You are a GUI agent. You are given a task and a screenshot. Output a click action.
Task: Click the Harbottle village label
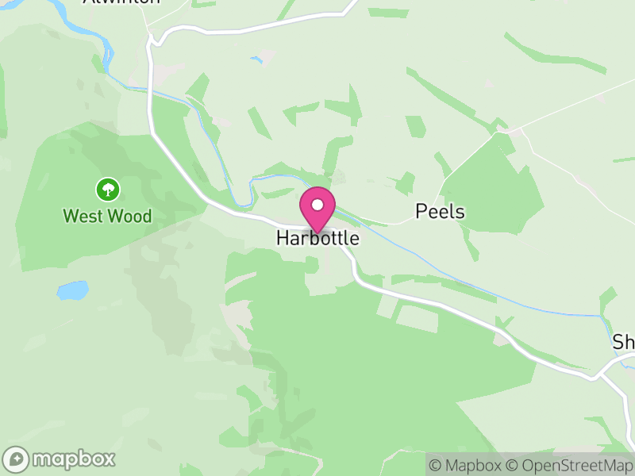tap(317, 238)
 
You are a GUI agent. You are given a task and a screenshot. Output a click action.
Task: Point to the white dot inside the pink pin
tap(317, 205)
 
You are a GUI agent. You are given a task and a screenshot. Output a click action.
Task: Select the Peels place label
tap(440, 212)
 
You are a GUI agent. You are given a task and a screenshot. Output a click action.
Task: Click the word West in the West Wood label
tap(83, 216)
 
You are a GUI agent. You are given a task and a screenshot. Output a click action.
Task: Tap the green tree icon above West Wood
tap(107, 190)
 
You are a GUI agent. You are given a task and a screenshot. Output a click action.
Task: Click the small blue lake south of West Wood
tap(72, 290)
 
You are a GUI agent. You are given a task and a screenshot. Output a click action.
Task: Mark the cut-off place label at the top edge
tap(121, 2)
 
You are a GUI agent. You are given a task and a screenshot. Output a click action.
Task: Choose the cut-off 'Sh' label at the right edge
tap(624, 342)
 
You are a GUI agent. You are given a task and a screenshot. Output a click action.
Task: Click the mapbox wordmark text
tap(73, 459)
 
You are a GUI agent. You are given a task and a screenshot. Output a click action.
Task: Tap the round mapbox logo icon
tap(16, 459)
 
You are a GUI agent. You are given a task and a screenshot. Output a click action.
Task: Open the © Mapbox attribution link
tap(468, 465)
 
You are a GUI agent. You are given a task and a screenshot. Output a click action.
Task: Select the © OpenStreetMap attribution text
tap(571, 465)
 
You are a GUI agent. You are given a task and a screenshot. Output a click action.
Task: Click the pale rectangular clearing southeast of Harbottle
tap(417, 317)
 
